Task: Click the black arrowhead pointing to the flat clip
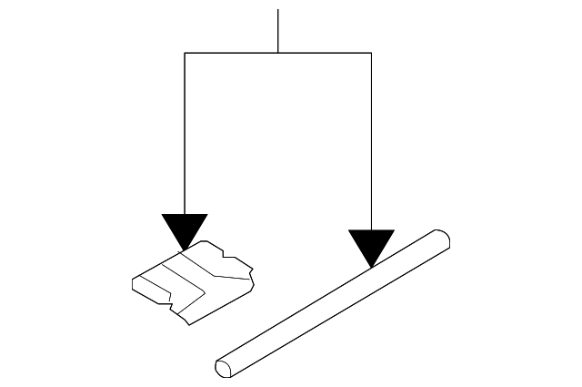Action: pyautogui.click(x=185, y=229)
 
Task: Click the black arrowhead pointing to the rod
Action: pyautogui.click(x=371, y=245)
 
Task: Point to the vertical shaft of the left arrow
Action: pyautogui.click(x=185, y=137)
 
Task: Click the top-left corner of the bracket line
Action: pyautogui.click(x=185, y=54)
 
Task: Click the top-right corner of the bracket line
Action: pyautogui.click(x=371, y=54)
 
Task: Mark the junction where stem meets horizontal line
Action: pyautogui.click(x=277, y=54)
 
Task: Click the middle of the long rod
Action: pyautogui.click(x=332, y=303)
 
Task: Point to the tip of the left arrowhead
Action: pyautogui.click(x=185, y=249)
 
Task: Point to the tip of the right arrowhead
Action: pyautogui.click(x=371, y=268)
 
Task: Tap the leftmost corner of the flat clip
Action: pyautogui.click(x=133, y=281)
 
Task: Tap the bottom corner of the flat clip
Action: pyautogui.click(x=185, y=321)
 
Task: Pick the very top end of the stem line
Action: pyautogui.click(x=277, y=10)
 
